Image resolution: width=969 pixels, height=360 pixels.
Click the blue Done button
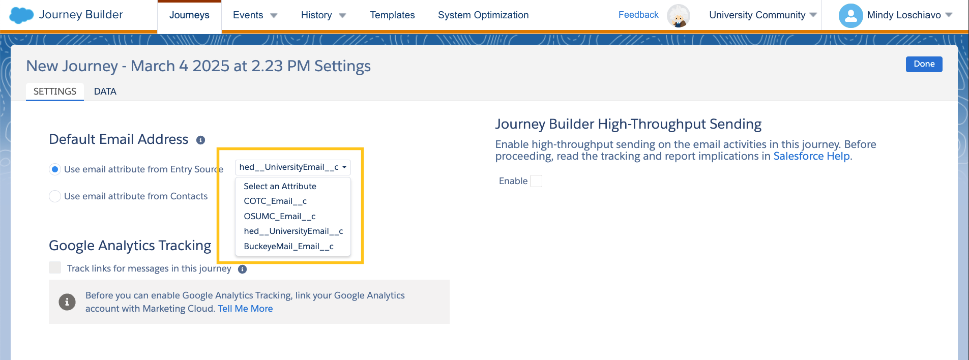point(924,64)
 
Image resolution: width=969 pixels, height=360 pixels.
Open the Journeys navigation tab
point(189,15)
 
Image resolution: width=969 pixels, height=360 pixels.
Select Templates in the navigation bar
point(392,15)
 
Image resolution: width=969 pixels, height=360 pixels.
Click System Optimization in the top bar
point(483,15)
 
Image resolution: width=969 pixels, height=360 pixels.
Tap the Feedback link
point(638,15)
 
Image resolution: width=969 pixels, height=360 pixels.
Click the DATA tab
point(105,92)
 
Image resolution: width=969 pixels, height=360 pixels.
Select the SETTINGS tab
point(55,92)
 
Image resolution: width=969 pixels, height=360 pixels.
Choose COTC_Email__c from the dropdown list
point(275,201)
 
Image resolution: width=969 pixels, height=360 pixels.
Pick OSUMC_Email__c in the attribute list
point(279,216)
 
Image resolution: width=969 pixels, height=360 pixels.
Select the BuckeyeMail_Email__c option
point(288,246)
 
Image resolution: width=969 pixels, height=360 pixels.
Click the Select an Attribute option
point(280,186)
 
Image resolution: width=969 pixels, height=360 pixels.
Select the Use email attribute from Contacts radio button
point(55,196)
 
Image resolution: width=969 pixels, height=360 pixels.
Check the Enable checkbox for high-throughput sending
point(536,181)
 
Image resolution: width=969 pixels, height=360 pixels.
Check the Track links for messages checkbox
point(55,268)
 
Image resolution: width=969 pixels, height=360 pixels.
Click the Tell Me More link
point(245,309)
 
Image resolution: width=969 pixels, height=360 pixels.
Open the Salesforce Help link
point(811,156)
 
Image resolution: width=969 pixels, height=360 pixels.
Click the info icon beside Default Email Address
point(201,140)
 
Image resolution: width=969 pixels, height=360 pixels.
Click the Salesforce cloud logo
point(21,15)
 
